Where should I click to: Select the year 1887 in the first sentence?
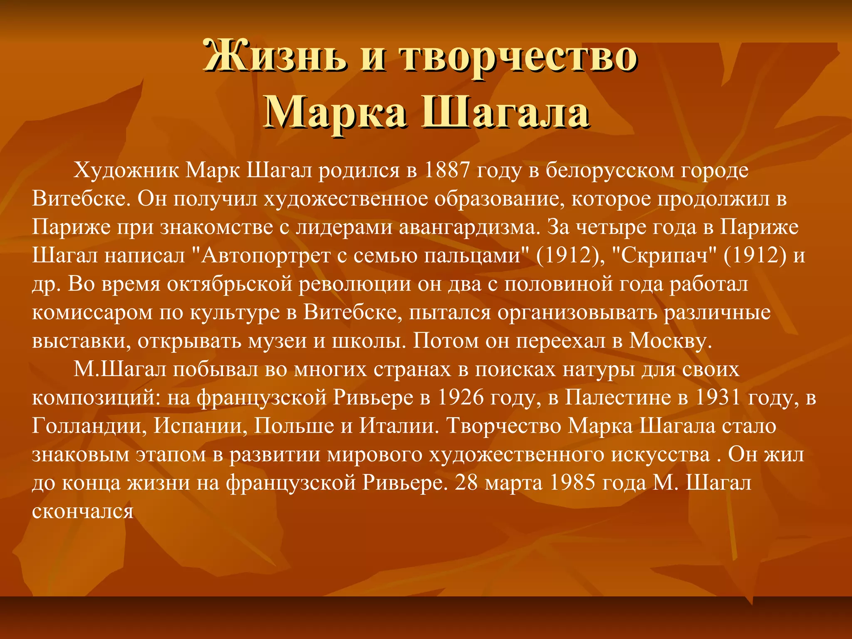tap(447, 170)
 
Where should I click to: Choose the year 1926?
tap(461, 398)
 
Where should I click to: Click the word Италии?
tap(399, 426)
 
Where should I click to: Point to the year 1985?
tap(572, 483)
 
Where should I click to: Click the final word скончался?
tap(83, 511)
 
